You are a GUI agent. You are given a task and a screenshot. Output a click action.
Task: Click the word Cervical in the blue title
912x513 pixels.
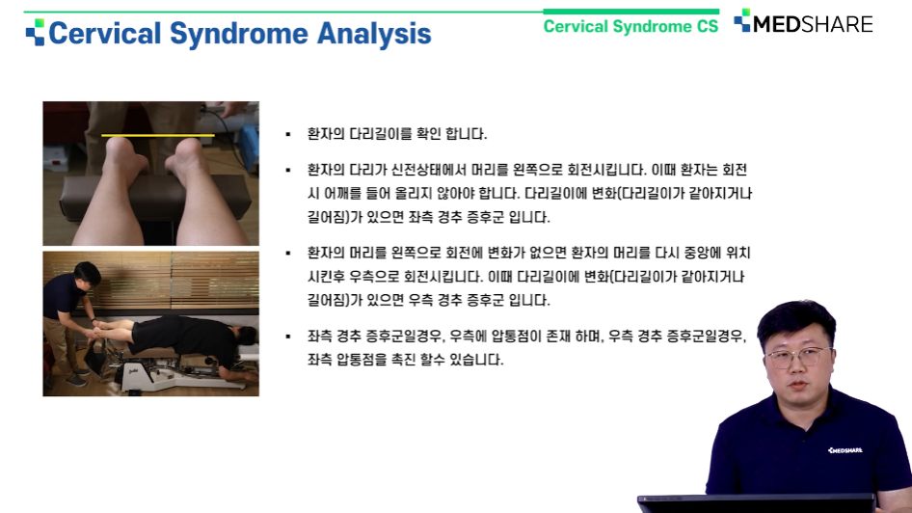coord(105,33)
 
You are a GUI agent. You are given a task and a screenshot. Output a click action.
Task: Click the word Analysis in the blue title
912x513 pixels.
coord(374,34)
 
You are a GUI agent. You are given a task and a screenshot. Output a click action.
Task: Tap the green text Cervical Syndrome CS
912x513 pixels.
coord(630,26)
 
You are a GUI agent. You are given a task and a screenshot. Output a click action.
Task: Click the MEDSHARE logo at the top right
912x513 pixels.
coord(803,23)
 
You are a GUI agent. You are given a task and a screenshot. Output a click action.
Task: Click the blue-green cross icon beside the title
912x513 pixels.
coord(35,32)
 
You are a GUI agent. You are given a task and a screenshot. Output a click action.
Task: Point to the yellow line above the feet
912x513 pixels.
coord(157,136)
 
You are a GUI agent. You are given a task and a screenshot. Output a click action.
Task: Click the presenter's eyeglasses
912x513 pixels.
coord(796,356)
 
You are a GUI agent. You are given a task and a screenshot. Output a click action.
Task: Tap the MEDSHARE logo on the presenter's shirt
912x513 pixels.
coord(845,450)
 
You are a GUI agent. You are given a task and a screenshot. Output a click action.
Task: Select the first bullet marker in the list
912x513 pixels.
coord(288,135)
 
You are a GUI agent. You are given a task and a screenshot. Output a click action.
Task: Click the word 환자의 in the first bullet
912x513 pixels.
coord(326,134)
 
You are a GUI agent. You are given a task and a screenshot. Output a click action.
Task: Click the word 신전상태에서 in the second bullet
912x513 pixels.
coord(427,170)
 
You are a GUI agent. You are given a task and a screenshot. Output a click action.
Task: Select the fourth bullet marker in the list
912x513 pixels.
coord(288,337)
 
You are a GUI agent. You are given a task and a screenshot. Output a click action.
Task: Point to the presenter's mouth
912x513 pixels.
coord(798,386)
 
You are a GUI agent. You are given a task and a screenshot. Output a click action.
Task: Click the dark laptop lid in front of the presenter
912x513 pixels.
coord(756,503)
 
